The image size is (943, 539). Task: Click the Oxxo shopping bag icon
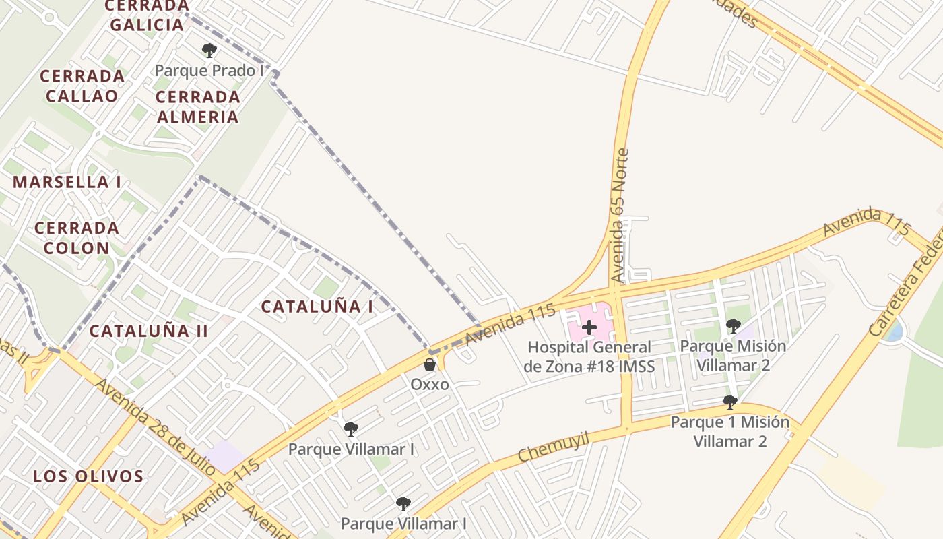429,364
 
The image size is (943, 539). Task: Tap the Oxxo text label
430,384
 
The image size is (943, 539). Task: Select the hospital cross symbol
589,327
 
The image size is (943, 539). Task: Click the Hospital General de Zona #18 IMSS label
589,357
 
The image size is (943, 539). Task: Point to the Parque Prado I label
209,71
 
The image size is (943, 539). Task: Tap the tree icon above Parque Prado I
209,50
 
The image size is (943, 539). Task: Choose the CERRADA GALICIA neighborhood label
146,15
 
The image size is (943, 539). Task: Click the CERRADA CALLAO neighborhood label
82,86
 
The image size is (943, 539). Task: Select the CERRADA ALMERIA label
197,106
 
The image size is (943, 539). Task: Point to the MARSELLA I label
67,182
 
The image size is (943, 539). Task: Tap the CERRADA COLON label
77,238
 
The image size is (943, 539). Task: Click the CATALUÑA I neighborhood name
317,307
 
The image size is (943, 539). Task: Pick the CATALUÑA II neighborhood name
148,331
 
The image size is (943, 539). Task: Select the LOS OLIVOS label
88,476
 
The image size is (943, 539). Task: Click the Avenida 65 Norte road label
619,216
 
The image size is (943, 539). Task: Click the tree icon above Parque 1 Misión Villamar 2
729,402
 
